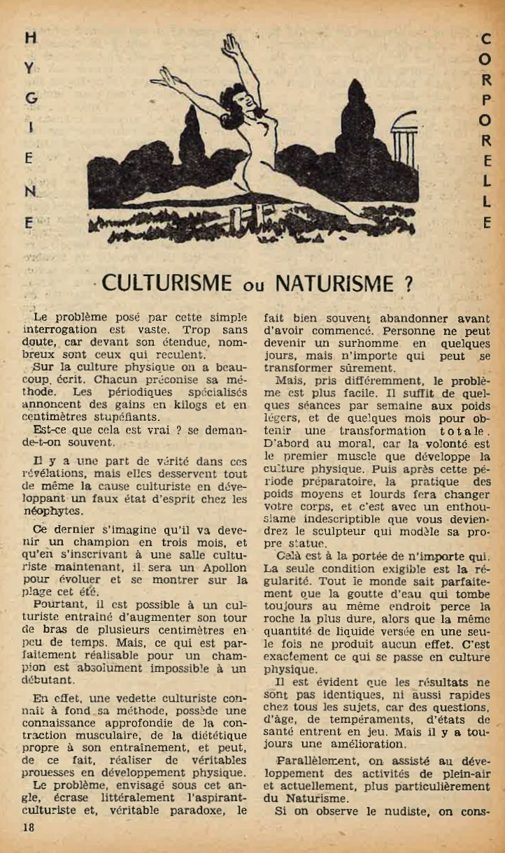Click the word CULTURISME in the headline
coord(167,283)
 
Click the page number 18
coord(28,827)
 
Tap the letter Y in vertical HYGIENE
coord(29,69)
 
